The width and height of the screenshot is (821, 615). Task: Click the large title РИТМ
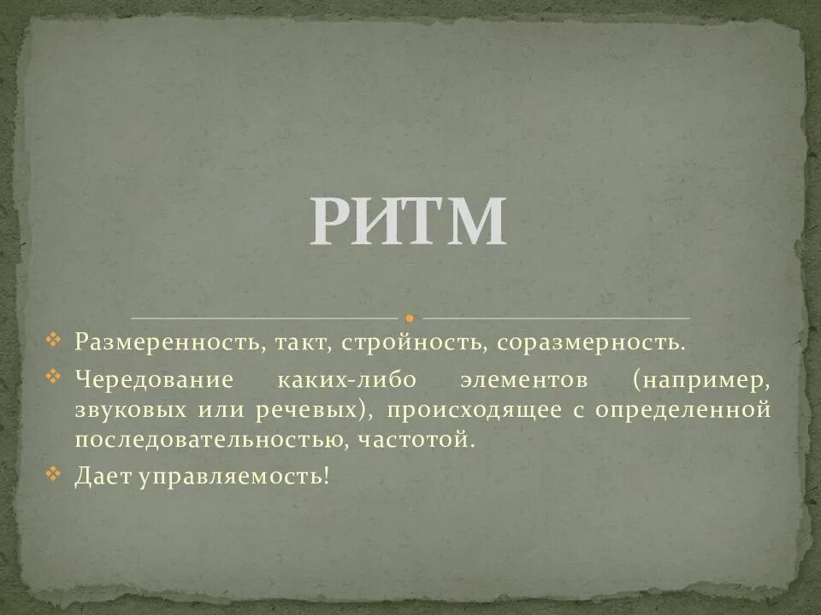tap(408, 223)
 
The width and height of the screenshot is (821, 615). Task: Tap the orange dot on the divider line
tap(410, 318)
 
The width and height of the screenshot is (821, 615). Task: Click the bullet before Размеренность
tap(54, 341)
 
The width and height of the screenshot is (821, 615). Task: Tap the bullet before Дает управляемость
tap(54, 474)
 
